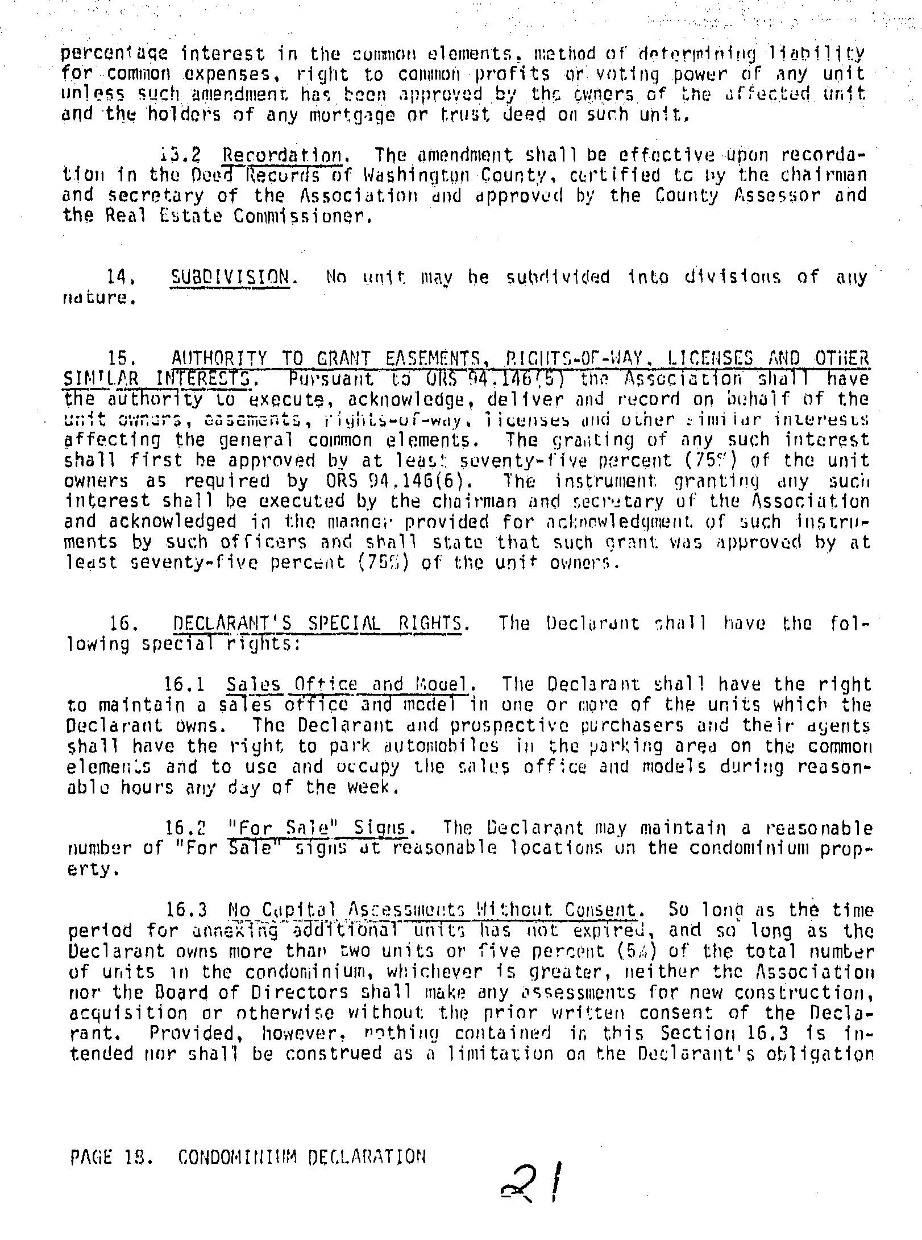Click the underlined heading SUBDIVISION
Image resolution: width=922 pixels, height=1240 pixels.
click(230, 277)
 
